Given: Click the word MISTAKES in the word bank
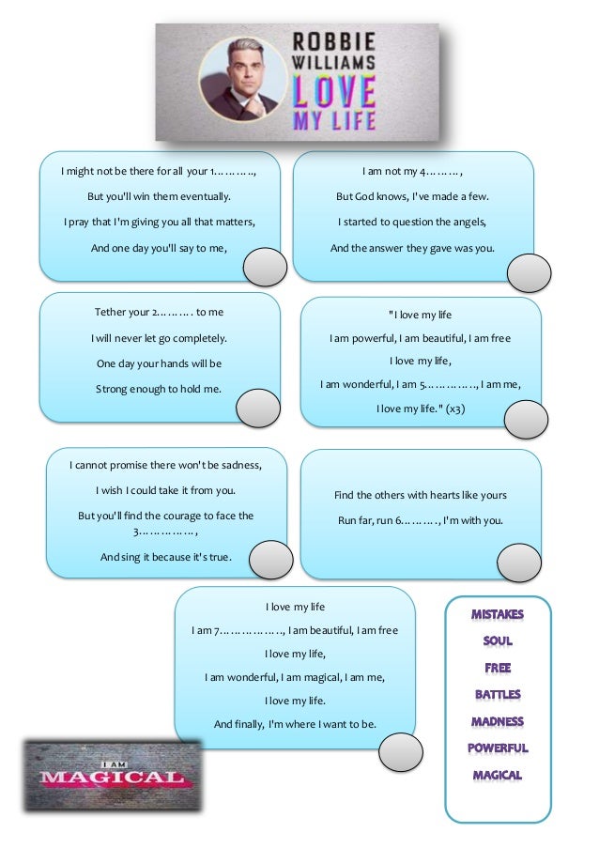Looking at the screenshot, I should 498,615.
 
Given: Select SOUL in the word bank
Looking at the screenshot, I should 498,642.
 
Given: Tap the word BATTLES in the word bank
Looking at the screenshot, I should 498,696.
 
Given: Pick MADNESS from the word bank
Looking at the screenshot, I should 498,723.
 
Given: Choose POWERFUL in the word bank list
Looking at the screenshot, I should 498,749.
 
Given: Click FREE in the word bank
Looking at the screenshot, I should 498,669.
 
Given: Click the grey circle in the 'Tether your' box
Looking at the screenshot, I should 257,408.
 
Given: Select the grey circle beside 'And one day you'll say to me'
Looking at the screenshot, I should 265,268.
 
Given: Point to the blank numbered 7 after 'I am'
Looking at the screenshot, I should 248,630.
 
